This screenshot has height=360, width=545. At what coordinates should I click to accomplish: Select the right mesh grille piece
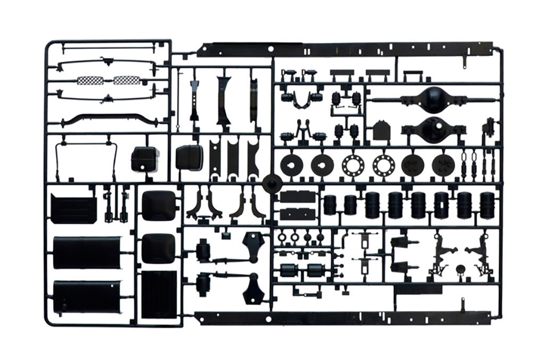coord(127,80)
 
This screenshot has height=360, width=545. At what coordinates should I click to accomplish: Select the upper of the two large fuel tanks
coord(86,253)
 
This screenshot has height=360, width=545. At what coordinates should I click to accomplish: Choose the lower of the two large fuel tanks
coord(86,297)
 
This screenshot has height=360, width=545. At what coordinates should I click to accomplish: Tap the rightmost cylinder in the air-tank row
coord(487,205)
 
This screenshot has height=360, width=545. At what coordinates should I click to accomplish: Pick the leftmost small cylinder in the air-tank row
coord(331,205)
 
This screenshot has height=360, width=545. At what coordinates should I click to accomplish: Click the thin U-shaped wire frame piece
coord(88,160)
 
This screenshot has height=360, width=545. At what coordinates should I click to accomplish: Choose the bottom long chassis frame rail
coord(346,319)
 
